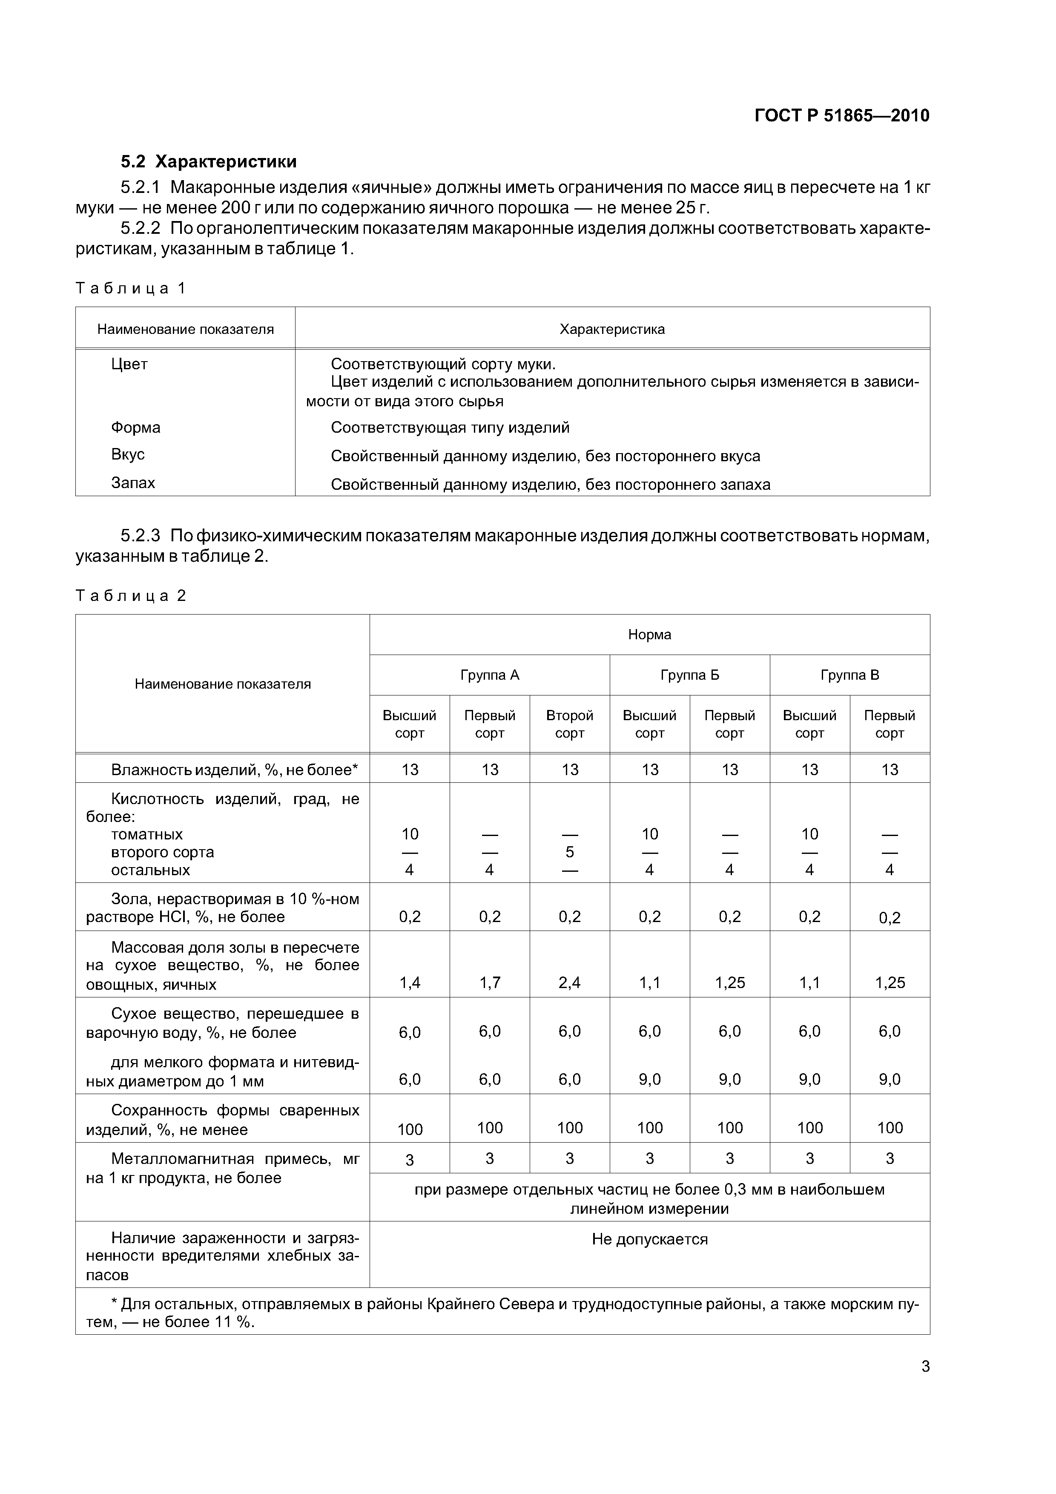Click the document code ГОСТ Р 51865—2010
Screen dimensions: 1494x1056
(x=841, y=116)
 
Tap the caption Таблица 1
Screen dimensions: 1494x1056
(x=131, y=288)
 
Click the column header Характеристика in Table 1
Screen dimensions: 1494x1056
(x=611, y=329)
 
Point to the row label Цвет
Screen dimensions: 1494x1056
(x=129, y=364)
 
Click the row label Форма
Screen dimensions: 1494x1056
(x=135, y=428)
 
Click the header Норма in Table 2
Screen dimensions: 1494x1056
(x=649, y=635)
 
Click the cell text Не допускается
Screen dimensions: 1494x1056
(x=649, y=1239)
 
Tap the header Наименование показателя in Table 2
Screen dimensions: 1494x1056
(x=223, y=684)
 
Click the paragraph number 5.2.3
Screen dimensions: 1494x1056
(x=140, y=535)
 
